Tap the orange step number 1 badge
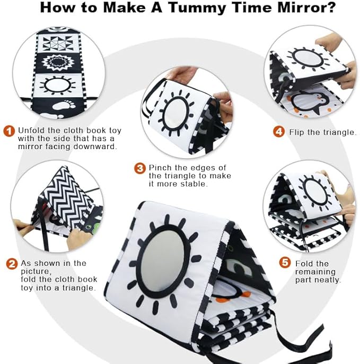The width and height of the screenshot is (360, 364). (x=9, y=131)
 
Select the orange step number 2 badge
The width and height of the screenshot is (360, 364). (x=12, y=264)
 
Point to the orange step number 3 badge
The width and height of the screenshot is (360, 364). (x=140, y=168)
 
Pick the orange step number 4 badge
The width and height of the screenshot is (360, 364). (x=279, y=132)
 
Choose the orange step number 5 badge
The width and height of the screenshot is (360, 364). (x=285, y=263)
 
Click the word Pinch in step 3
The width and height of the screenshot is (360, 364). (x=161, y=168)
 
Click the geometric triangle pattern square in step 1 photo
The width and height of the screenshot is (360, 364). (x=58, y=43)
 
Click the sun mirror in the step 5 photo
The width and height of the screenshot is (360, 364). (x=315, y=193)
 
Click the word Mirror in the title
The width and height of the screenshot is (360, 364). (x=306, y=7)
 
